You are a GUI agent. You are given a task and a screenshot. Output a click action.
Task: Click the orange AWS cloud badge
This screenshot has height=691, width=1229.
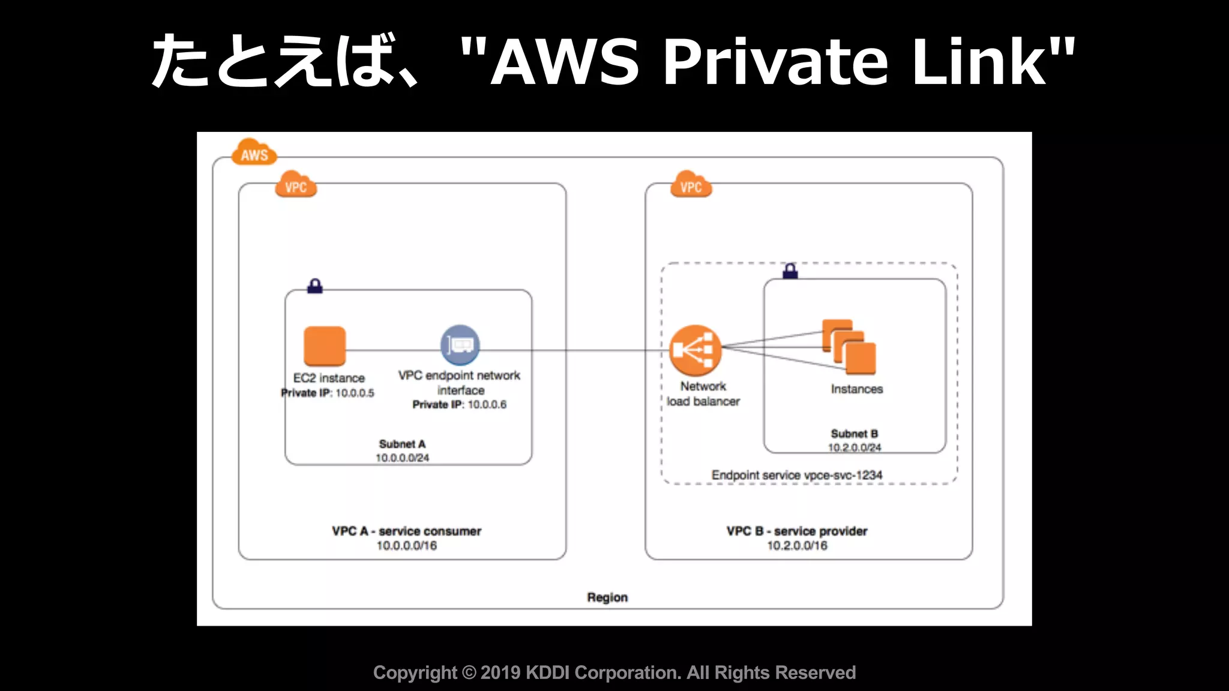254,154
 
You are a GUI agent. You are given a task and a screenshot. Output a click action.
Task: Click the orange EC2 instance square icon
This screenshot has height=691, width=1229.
325,346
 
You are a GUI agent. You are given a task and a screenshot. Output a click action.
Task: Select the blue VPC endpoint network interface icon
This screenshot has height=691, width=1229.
460,345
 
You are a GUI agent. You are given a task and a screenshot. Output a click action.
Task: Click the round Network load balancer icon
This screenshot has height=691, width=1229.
695,350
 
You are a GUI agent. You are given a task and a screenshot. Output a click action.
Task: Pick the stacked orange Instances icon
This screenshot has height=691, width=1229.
849,347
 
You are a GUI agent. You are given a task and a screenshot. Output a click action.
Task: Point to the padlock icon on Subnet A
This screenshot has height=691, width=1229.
315,286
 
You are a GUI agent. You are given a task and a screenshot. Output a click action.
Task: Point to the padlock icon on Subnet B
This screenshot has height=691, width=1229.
790,271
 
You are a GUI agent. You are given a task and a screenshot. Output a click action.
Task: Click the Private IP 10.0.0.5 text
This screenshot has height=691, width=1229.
328,393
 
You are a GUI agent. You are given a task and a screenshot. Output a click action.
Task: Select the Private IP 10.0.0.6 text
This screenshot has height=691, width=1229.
459,405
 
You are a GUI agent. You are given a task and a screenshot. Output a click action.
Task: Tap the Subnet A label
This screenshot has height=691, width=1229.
402,444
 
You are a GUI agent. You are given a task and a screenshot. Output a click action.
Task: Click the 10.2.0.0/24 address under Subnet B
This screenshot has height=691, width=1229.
855,447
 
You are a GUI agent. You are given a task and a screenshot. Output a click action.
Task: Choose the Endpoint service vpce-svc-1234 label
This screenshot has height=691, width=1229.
797,475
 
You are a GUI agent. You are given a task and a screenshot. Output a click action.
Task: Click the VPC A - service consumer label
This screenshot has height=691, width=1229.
406,531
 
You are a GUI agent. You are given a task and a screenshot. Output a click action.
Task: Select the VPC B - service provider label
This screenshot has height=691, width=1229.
797,531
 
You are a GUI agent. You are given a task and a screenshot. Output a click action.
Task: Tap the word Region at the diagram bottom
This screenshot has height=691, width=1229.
607,597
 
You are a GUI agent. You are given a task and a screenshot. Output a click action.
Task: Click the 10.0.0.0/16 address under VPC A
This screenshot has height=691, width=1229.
406,546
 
